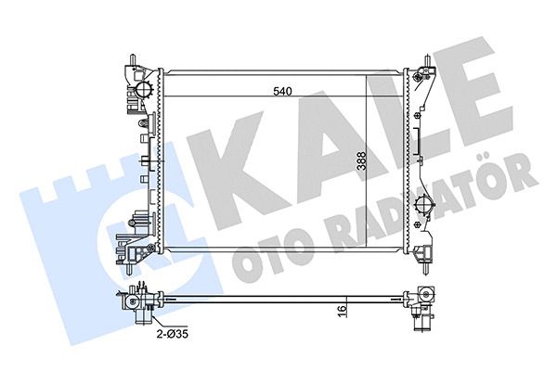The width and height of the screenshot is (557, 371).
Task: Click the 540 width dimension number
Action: (282, 91)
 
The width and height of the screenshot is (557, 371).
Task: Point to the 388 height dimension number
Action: (362, 161)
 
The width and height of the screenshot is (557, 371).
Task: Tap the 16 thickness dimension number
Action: (342, 309)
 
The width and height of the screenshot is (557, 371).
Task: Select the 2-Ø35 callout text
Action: (173, 334)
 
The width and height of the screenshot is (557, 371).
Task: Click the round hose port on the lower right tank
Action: (424, 204)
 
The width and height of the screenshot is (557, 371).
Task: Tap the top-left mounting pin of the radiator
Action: (133, 59)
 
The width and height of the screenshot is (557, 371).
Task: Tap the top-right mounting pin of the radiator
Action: (428, 59)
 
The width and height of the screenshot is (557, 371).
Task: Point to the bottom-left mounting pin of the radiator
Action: (128, 268)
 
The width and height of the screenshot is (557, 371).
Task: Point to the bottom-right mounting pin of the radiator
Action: (428, 268)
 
